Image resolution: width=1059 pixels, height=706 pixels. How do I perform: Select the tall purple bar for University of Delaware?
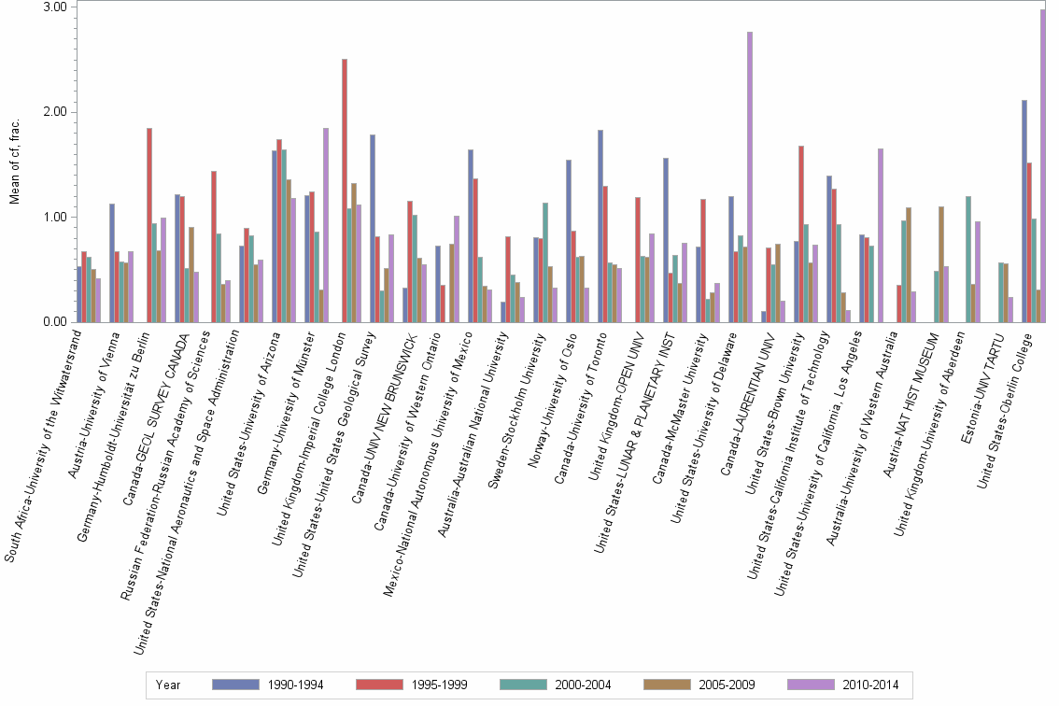pyautogui.click(x=750, y=177)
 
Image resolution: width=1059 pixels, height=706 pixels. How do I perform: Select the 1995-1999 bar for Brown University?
pyautogui.click(x=801, y=234)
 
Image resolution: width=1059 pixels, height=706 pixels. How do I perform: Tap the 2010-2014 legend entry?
pyautogui.click(x=843, y=685)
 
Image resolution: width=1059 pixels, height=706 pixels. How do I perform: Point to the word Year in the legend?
pyautogui.click(x=169, y=685)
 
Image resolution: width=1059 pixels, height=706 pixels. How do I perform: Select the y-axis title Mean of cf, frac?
pyautogui.click(x=14, y=164)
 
